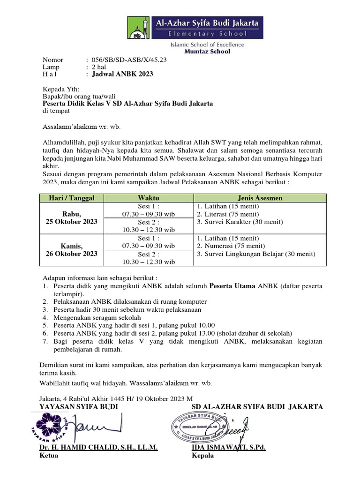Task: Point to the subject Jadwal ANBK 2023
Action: (122, 74)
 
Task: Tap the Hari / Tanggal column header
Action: (72, 198)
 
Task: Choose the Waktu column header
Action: (148, 198)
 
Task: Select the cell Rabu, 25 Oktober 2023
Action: (72, 217)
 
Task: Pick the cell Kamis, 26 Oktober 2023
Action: (72, 249)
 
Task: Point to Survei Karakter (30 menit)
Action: (240, 222)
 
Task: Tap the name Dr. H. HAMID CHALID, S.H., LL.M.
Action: (98, 448)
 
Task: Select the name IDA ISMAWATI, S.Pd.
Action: (229, 448)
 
